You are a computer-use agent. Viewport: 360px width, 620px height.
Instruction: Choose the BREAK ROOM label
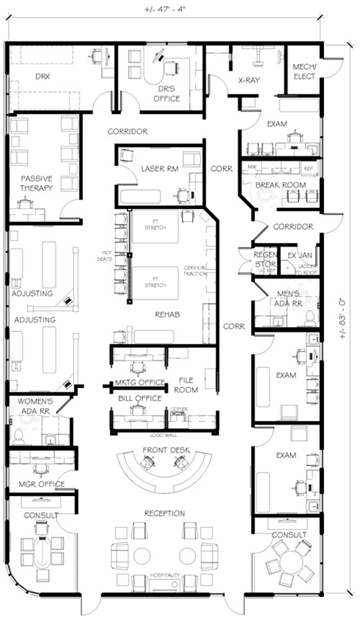pyautogui.click(x=283, y=185)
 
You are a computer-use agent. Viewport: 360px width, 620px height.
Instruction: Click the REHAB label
pyautogui.click(x=167, y=315)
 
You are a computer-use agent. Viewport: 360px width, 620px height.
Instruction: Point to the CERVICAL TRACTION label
pyautogui.click(x=196, y=271)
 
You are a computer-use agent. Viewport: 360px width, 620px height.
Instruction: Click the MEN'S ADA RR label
pyautogui.click(x=288, y=298)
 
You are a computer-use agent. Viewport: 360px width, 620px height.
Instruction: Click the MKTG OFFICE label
pyautogui.click(x=139, y=382)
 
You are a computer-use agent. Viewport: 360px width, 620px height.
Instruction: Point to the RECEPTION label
pyautogui.click(x=164, y=513)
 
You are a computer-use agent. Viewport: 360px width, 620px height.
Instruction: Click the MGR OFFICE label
pyautogui.click(x=42, y=484)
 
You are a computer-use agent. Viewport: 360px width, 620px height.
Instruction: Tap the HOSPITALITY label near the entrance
pyautogui.click(x=164, y=575)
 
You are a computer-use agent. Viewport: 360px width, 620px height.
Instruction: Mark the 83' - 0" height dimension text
pyautogui.click(x=343, y=317)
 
